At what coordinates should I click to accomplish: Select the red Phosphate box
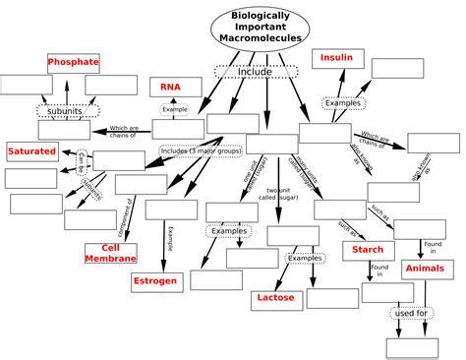pyautogui.click(x=74, y=62)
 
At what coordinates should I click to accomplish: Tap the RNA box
pyautogui.click(x=171, y=88)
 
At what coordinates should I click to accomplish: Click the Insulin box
pyautogui.click(x=336, y=59)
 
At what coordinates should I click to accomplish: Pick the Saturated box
pyautogui.click(x=32, y=151)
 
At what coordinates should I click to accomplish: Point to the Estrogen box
pyautogui.click(x=155, y=281)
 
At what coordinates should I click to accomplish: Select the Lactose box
pyautogui.click(x=275, y=296)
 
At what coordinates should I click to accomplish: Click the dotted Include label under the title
pyautogui.click(x=256, y=73)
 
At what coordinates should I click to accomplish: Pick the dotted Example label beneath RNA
pyautogui.click(x=175, y=109)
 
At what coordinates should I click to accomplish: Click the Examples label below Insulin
pyautogui.click(x=344, y=102)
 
